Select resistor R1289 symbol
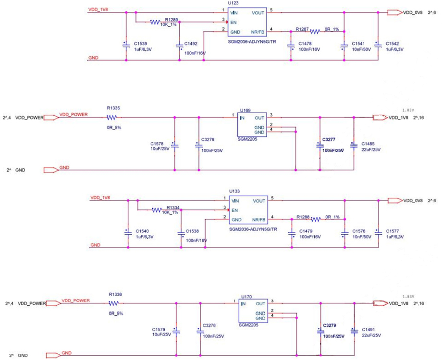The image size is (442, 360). (155, 22)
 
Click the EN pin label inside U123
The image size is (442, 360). (234, 22)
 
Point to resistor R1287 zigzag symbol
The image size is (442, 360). (315, 32)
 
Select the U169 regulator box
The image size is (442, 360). (252, 125)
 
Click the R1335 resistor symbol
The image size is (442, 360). (112, 118)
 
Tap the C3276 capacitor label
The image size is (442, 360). (209, 139)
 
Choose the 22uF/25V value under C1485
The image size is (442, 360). (370, 149)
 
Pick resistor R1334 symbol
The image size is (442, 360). (156, 210)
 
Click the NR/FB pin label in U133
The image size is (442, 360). (258, 220)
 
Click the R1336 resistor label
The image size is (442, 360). (115, 294)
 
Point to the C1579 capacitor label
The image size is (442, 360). (159, 329)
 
